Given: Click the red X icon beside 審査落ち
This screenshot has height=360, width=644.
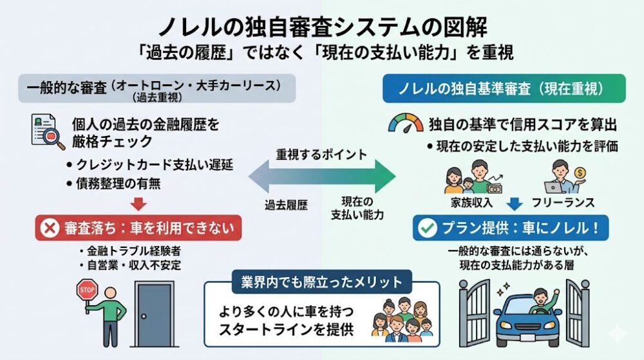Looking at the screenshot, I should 49,227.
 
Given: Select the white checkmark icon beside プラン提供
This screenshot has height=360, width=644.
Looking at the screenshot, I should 427,227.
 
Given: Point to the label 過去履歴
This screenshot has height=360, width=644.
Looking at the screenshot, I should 286,205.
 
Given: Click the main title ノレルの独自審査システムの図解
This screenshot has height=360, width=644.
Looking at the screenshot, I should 322,27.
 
